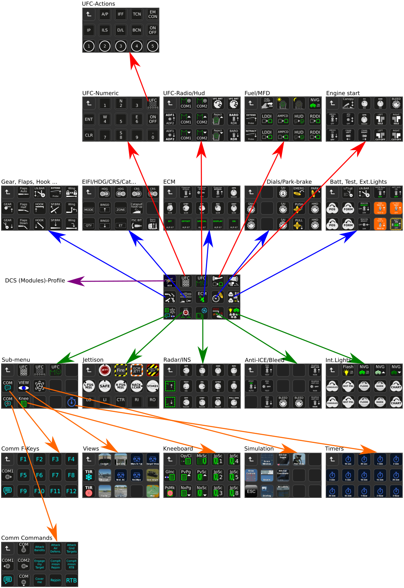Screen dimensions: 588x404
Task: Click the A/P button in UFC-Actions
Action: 105,14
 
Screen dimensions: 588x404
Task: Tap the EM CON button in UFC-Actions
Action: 153,14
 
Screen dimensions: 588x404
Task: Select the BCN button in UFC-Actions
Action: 137,30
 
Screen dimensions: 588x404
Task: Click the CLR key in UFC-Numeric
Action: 89,135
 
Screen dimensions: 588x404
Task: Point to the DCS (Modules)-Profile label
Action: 35,280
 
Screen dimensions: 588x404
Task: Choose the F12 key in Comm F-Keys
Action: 71,491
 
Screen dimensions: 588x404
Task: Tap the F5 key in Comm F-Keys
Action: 24,475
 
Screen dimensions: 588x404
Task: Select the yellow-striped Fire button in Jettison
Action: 121,370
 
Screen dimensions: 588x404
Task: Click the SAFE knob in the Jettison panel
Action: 105,386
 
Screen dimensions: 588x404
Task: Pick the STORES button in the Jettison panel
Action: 153,386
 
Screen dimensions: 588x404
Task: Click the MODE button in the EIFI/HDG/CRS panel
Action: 89,209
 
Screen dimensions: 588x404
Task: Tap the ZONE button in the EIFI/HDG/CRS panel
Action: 121,209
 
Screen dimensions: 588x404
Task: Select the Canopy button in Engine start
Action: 348,103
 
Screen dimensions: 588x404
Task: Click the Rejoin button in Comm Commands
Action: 55,580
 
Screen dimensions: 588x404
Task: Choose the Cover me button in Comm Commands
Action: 39,580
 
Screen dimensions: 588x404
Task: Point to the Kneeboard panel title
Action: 178,449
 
